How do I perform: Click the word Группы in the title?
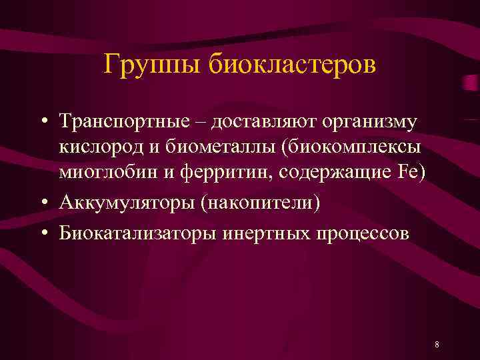153,65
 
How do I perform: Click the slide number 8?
436,345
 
